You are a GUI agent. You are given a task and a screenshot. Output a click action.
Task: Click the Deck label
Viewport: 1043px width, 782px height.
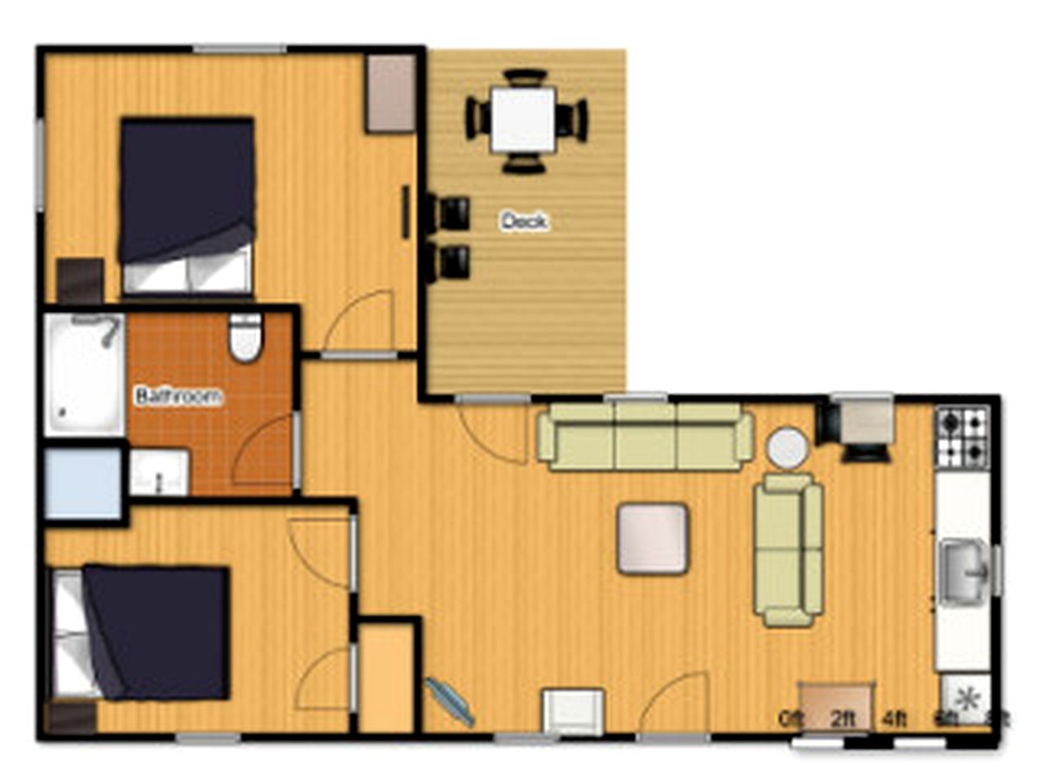(x=524, y=221)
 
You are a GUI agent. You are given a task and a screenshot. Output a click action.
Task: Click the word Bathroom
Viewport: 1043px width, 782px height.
(x=178, y=397)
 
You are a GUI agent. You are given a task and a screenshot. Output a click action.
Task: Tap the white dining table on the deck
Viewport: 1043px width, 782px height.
(x=524, y=120)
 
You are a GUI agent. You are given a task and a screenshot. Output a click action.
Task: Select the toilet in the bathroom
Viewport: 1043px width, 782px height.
(x=244, y=337)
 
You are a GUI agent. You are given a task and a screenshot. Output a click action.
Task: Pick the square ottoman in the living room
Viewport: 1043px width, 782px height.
(x=653, y=538)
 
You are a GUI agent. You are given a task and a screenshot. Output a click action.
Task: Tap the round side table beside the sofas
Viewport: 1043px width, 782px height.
(x=788, y=449)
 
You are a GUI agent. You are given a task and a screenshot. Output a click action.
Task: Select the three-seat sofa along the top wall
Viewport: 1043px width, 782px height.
(x=645, y=437)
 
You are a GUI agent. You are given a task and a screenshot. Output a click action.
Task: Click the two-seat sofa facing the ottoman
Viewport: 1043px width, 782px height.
(x=788, y=551)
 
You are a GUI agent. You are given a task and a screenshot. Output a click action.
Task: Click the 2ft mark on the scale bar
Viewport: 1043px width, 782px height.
(x=843, y=719)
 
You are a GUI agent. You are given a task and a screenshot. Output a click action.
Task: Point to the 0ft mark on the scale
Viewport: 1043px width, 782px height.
(x=790, y=719)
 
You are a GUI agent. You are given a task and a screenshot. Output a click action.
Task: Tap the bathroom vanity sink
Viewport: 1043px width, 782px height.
(x=159, y=473)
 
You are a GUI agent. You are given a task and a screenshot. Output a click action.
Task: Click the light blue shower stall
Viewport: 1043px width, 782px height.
(x=83, y=483)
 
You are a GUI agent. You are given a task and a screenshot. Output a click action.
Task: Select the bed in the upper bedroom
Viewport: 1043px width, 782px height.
(x=187, y=205)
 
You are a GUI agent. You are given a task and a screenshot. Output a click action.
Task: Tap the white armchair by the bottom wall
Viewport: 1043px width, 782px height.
(x=574, y=711)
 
